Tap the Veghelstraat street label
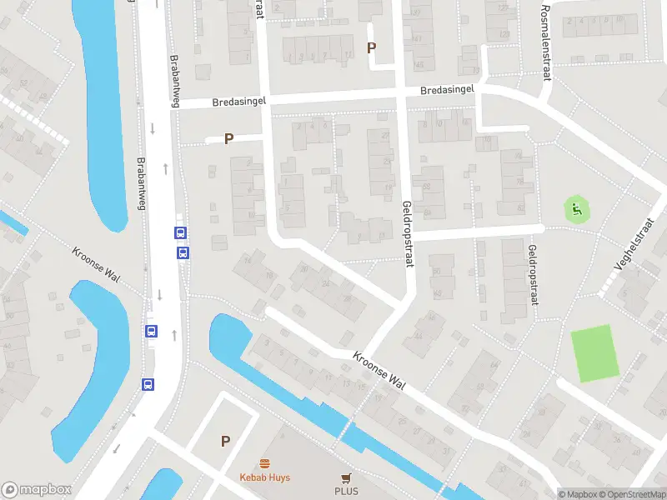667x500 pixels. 630,252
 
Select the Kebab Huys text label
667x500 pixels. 264,477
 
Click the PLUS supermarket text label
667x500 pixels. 347,491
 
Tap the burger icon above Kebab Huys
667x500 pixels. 264,463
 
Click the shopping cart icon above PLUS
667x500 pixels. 347,477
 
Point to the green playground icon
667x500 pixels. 575,208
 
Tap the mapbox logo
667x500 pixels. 35,489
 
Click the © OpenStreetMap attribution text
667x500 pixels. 631,494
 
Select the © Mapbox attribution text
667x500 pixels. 577,494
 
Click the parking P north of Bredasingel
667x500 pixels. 371,48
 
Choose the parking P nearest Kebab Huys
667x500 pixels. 224,441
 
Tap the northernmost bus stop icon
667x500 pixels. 180,234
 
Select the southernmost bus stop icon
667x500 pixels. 148,384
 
